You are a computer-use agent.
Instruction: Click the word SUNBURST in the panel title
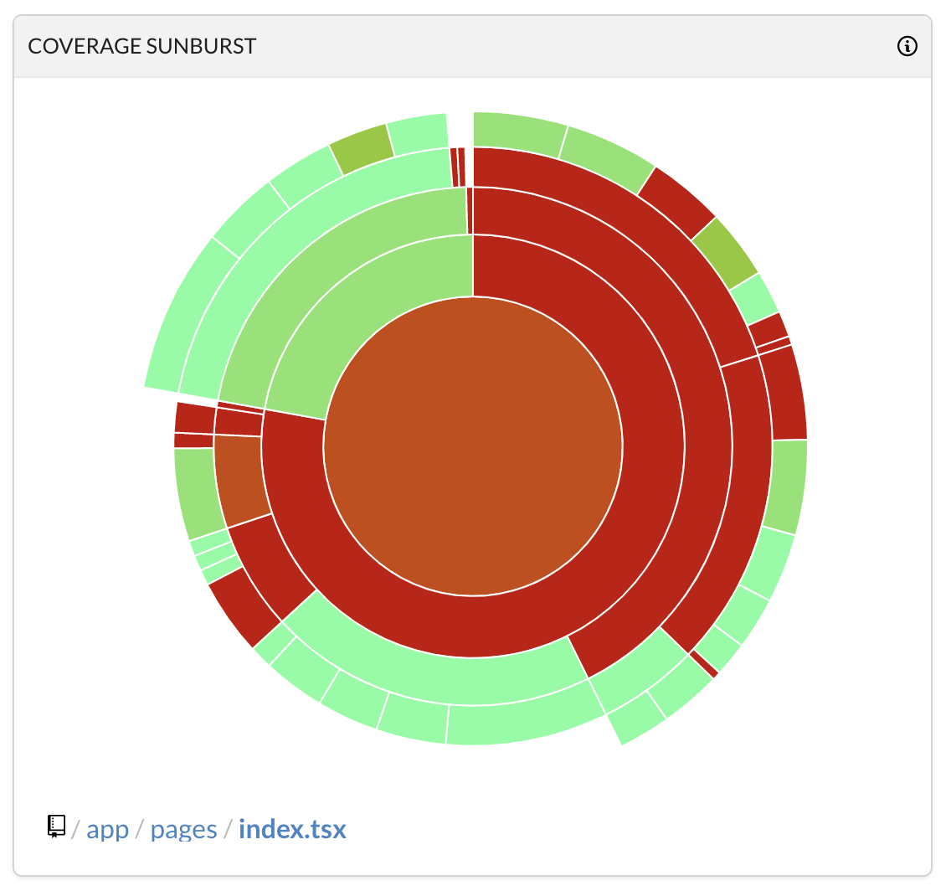[x=201, y=46]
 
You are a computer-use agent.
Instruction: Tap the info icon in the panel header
[x=907, y=46]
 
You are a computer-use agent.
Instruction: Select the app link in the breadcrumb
[x=108, y=830]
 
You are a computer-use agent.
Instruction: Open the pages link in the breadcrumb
[x=183, y=830]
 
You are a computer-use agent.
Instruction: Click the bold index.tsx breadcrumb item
[x=292, y=830]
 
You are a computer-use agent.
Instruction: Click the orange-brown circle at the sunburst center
[x=473, y=445]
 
